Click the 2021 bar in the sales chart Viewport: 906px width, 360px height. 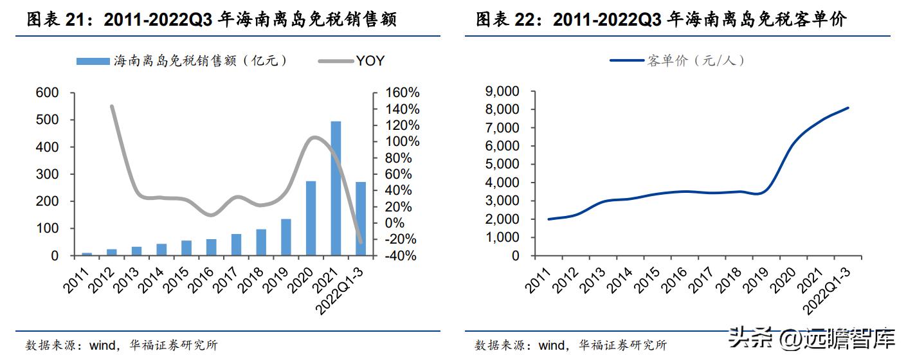(336, 188)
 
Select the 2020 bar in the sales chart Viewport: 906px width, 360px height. (311, 218)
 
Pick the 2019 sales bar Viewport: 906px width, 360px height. (285, 237)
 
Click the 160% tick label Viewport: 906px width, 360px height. (403, 93)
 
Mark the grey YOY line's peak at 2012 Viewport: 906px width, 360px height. (112, 106)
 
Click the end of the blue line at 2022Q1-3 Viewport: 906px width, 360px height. (848, 108)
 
